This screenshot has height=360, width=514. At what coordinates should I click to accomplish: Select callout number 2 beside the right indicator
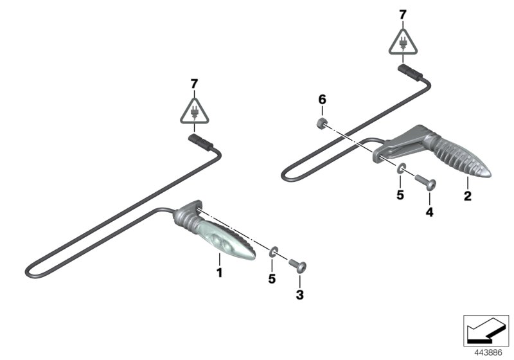(x=468, y=195)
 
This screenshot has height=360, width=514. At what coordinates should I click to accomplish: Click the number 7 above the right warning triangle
(x=403, y=14)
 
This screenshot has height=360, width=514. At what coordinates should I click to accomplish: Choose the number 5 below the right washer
(x=400, y=195)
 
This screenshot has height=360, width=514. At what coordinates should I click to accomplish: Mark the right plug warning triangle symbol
(x=403, y=42)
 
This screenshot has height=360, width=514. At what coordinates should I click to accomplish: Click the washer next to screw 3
(x=273, y=250)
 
